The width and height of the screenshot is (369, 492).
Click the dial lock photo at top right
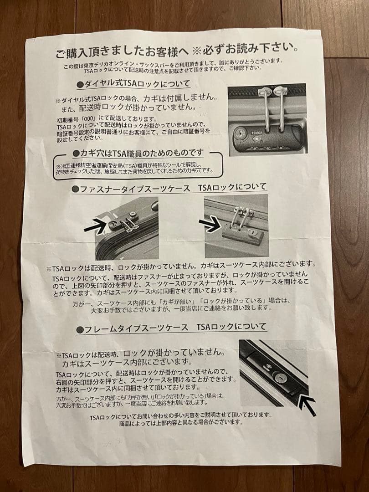266,120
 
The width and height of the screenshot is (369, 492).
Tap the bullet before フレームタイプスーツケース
80,328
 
